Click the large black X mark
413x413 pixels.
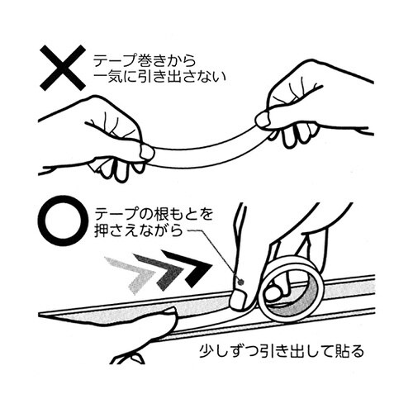(x=63, y=68)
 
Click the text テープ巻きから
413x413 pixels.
(x=145, y=61)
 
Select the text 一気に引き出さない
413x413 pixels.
(x=159, y=77)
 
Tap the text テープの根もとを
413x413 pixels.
(x=154, y=214)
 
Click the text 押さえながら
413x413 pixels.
(x=139, y=230)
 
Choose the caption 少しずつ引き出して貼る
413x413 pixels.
(x=282, y=351)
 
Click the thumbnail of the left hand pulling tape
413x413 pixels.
(x=147, y=152)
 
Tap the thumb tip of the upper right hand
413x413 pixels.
(x=263, y=120)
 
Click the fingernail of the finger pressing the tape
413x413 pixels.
(x=238, y=301)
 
